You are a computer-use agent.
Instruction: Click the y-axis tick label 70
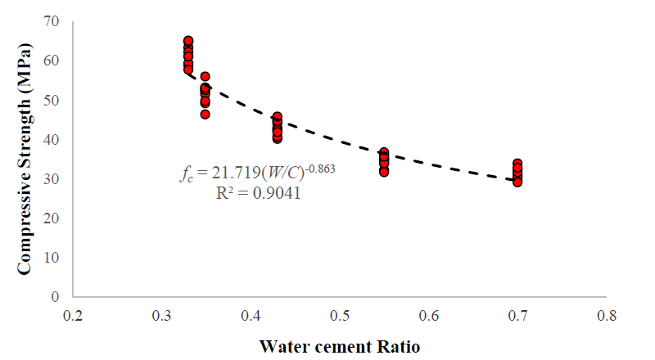click(x=53, y=21)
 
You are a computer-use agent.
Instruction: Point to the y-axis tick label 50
click(x=53, y=100)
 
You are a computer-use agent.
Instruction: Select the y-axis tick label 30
click(x=53, y=178)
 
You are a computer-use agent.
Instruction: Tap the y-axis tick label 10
click(x=53, y=257)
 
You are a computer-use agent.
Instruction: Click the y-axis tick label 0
click(x=56, y=296)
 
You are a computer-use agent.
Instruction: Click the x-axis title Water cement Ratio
click(x=340, y=346)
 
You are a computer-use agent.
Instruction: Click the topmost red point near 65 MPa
click(x=188, y=41)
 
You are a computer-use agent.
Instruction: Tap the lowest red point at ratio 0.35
click(x=206, y=114)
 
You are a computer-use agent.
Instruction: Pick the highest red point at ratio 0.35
click(x=206, y=77)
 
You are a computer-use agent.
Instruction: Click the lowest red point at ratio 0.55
click(x=384, y=172)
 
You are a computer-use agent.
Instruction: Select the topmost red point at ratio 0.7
click(x=517, y=164)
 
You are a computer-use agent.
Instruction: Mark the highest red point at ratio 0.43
click(x=278, y=117)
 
